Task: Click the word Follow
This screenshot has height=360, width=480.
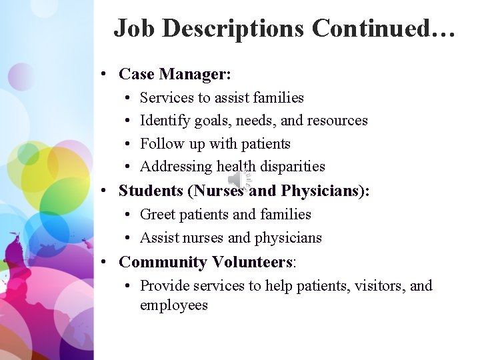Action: [x=158, y=143]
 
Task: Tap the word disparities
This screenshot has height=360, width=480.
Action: [x=293, y=167]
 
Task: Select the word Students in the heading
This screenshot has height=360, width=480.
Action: [x=151, y=191]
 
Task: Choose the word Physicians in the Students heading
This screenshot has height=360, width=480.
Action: [x=320, y=191]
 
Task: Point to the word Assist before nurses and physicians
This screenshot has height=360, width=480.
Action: [x=159, y=237]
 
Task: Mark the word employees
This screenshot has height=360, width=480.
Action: [x=174, y=306]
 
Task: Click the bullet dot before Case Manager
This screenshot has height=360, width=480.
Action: [x=106, y=74]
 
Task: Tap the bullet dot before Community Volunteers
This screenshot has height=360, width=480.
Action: [x=106, y=263]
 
